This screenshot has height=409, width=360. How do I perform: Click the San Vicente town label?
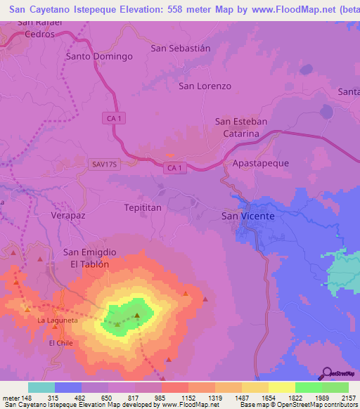click(x=248, y=216)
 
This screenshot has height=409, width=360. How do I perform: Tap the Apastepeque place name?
click(x=260, y=162)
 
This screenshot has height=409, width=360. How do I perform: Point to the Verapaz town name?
click(x=68, y=216)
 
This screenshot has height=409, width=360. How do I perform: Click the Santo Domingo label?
click(x=99, y=56)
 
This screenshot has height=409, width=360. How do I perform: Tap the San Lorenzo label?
click(x=205, y=86)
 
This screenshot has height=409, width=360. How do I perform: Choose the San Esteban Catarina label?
click(x=240, y=127)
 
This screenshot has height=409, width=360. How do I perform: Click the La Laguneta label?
click(x=58, y=320)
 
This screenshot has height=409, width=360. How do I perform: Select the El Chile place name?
click(x=61, y=343)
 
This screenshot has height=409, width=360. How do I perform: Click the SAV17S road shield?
click(x=103, y=164)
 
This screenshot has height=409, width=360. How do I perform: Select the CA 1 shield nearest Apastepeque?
click(x=176, y=167)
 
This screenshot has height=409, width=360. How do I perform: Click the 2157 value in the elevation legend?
click(x=349, y=398)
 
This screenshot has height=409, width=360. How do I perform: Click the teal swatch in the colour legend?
click(x=41, y=387)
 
